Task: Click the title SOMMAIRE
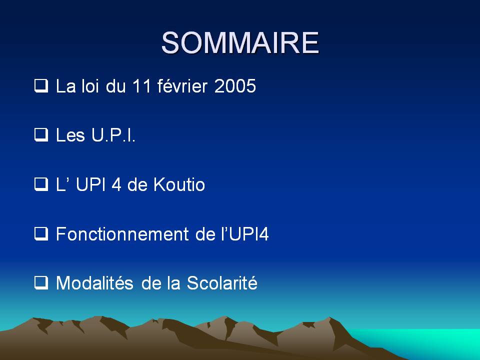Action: pos(240,42)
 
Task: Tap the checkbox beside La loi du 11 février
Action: pos(41,85)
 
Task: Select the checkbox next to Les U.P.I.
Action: pos(41,135)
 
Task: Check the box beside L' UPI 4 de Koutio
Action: pos(41,184)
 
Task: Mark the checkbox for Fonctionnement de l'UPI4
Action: pos(41,234)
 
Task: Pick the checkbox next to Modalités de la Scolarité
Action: pos(41,283)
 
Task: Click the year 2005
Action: pos(235,86)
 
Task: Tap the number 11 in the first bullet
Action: pos(141,86)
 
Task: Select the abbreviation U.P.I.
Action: pos(113,135)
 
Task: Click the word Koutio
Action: pos(179,184)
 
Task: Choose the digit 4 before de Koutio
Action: pos(116,184)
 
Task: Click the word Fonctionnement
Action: pos(122,234)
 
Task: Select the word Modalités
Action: pos(94,283)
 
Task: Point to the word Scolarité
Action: pos(222,283)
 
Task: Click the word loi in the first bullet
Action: pos(90,86)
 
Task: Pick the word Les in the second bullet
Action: pos(70,135)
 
